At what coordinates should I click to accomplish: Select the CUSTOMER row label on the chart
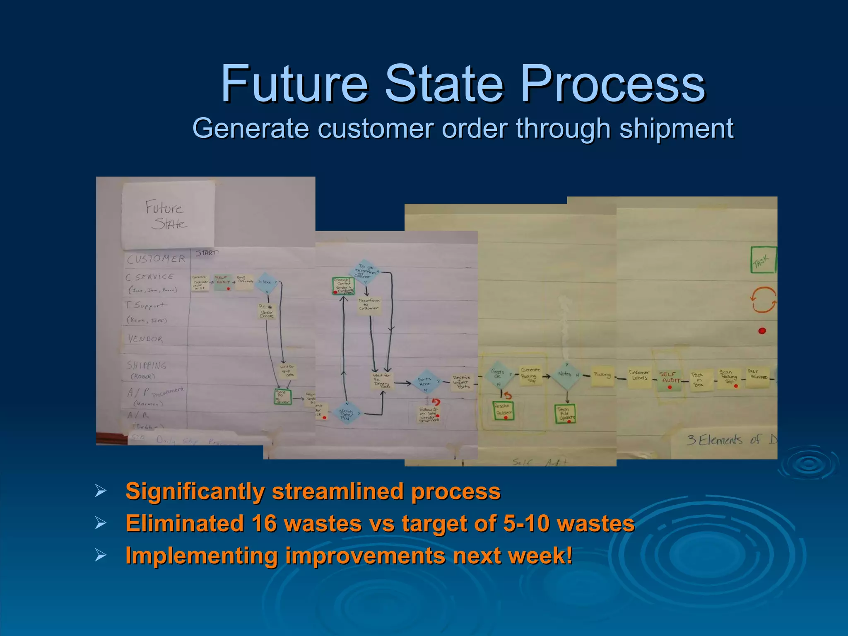pos(156,259)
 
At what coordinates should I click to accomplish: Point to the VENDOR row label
pos(145,339)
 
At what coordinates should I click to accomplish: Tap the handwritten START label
pos(207,253)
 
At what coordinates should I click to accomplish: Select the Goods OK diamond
pos(498,374)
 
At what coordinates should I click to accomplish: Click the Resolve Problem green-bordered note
pos(503,410)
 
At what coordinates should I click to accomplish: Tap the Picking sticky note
pos(602,375)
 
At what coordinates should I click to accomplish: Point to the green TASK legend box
pos(763,260)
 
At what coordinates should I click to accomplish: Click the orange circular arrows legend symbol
pos(763,300)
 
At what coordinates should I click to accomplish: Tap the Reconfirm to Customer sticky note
pos(368,305)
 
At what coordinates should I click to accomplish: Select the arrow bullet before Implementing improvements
pos(100,555)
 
